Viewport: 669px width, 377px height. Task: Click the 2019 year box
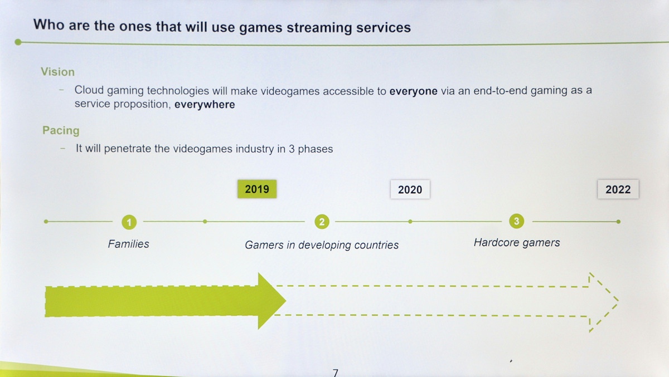click(x=257, y=189)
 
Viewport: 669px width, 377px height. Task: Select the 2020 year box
click(x=410, y=189)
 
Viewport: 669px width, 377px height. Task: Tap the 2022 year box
click(x=618, y=189)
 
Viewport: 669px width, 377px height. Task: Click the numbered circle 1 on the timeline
click(x=129, y=222)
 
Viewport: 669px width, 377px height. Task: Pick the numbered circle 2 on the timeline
click(x=322, y=222)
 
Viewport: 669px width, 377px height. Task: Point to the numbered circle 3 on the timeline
click(x=516, y=221)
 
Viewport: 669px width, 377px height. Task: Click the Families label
click(x=128, y=244)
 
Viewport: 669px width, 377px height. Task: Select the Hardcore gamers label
click(x=517, y=243)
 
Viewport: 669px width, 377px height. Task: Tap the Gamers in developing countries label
click(x=322, y=245)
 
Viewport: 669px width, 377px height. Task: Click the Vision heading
click(x=57, y=72)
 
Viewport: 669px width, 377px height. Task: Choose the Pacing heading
click(x=61, y=130)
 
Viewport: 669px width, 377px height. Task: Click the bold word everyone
click(x=413, y=91)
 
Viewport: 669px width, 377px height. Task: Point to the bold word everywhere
click(x=205, y=105)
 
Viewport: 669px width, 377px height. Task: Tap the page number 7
click(x=336, y=373)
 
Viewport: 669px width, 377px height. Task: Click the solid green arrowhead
click(x=270, y=301)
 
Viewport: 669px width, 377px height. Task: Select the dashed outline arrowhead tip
click(x=618, y=301)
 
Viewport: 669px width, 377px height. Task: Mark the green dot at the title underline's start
click(x=18, y=42)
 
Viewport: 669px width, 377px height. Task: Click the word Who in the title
click(x=49, y=24)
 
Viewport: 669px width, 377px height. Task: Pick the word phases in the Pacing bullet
click(x=316, y=149)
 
